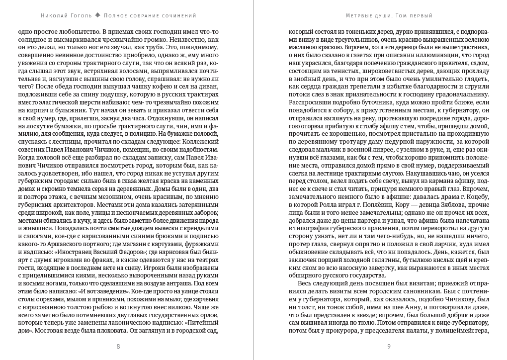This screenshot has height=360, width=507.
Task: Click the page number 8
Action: [x=118, y=347]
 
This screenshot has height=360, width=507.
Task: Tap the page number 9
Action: [x=389, y=347]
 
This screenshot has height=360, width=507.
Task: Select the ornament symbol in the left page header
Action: [x=98, y=15]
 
